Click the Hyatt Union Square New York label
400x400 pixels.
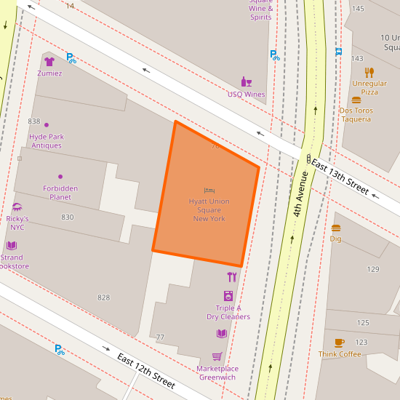pos(209,209)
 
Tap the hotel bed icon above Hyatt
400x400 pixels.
pos(209,191)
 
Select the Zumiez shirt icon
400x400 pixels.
pos(49,62)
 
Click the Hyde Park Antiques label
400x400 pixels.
pos(47,141)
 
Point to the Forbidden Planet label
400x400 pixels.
pos(60,193)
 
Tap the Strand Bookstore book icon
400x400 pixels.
pos(12,246)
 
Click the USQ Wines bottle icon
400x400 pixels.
pos(247,82)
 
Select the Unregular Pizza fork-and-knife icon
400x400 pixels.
pos(369,72)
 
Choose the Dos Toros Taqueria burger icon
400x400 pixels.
pos(356,100)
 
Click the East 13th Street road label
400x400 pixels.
pos(340,177)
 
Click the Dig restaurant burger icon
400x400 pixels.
pos(336,228)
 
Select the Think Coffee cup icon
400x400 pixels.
pos(340,343)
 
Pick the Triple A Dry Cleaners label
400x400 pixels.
pos(228,312)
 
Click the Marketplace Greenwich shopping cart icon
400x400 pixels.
pos(217,356)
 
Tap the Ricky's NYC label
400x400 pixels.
pos(17,223)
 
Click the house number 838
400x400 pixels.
pos(34,121)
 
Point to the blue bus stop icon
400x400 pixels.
pos(339,52)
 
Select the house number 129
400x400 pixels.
pos(373,269)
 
